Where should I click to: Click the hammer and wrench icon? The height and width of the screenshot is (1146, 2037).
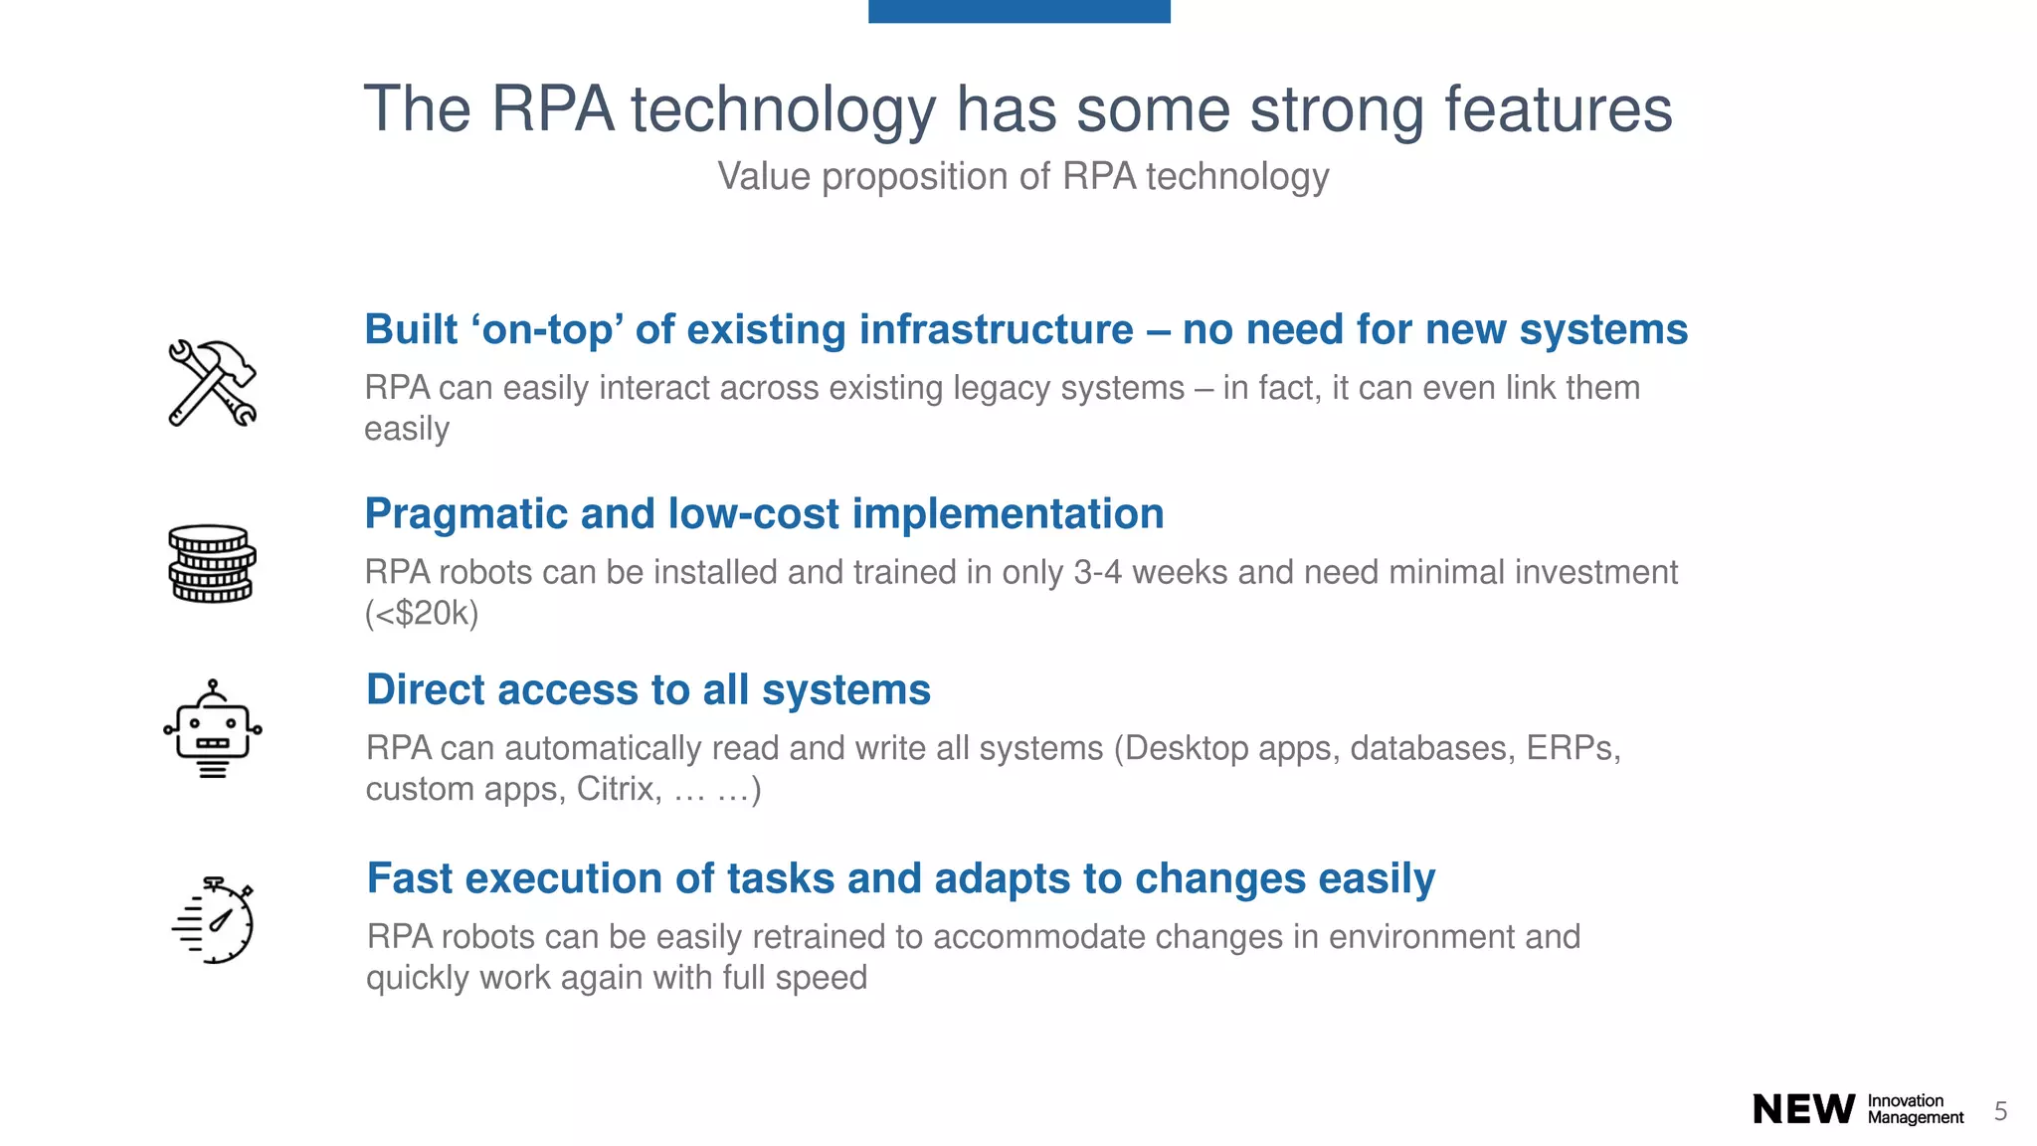[x=212, y=383]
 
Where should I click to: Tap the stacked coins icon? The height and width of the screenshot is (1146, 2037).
[x=212, y=564]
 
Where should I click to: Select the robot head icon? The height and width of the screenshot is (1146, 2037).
[x=212, y=729]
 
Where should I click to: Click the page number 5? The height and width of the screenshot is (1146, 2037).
[x=2000, y=1111]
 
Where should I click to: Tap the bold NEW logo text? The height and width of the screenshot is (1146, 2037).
[x=1803, y=1109]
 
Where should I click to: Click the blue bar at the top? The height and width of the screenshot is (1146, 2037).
[x=1018, y=11]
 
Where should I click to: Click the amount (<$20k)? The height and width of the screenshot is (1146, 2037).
[x=422, y=613]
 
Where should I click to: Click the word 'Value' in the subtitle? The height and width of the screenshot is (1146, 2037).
[x=764, y=177]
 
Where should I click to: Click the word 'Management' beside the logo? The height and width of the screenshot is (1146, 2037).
[x=1916, y=1118]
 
